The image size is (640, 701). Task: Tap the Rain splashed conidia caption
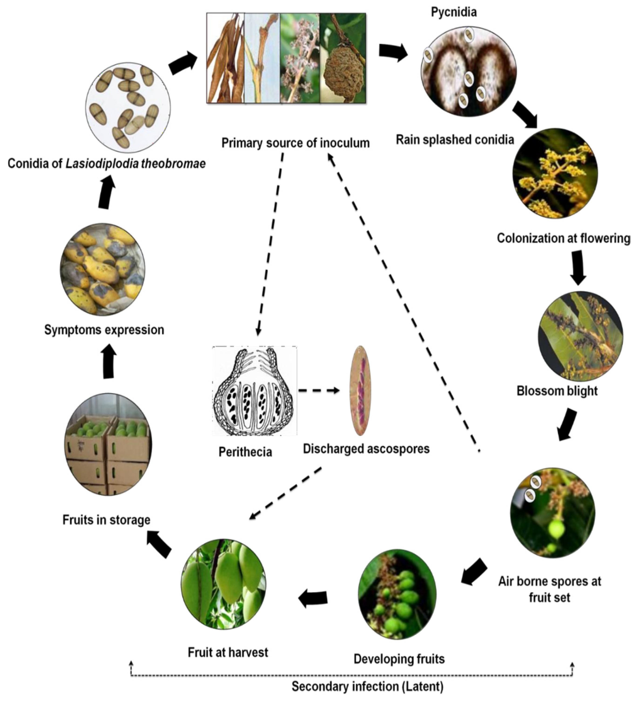click(x=455, y=140)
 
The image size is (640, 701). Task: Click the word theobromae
click(x=173, y=163)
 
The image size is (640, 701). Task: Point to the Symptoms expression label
click(x=104, y=330)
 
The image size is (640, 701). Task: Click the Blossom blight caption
click(x=557, y=390)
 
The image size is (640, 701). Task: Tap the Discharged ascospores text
click(x=366, y=449)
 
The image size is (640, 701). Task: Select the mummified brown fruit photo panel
click(x=342, y=58)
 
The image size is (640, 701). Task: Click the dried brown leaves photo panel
click(x=226, y=58)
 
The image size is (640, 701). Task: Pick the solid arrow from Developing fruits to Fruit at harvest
click(x=313, y=598)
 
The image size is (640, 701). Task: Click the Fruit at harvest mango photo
click(x=223, y=584)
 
